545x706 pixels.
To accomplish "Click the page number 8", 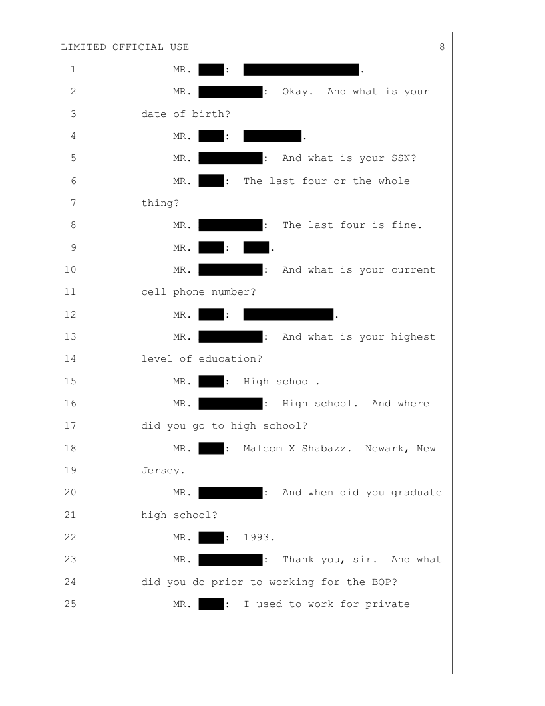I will pyautogui.click(x=442, y=47).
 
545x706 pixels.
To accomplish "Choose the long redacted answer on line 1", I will pyautogui.click(x=301, y=69).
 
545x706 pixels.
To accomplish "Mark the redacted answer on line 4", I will pyautogui.click(x=272, y=136).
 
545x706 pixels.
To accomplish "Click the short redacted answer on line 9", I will pyautogui.click(x=256, y=248).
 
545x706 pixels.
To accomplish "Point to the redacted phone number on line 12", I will pyautogui.click(x=289, y=315).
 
